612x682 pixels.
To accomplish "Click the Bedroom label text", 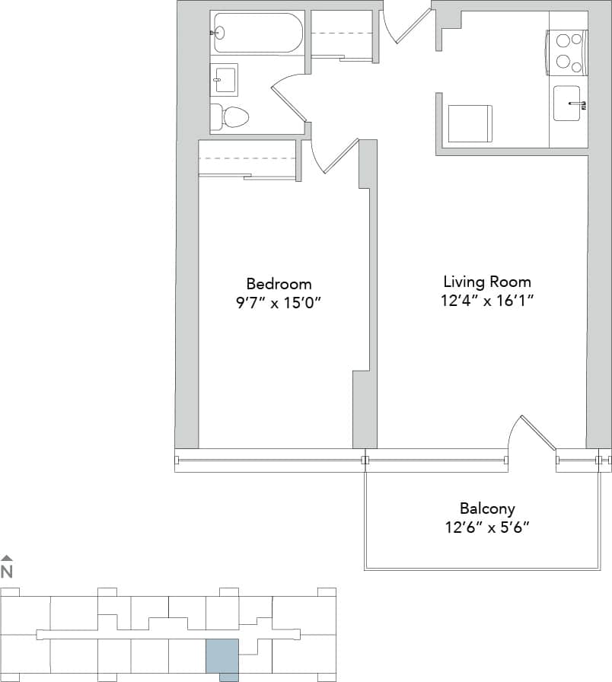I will (279, 283).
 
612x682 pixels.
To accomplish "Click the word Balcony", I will (487, 508).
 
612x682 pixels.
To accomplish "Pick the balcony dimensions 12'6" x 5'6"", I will (487, 527).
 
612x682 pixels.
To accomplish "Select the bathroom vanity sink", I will (225, 78).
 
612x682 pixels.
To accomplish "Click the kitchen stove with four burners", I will (566, 52).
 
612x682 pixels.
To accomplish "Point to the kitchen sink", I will (569, 104).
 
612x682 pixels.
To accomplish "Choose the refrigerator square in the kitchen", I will (470, 123).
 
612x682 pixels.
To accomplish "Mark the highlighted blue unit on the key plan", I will (223, 657).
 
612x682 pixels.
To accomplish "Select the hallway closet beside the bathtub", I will (342, 34).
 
